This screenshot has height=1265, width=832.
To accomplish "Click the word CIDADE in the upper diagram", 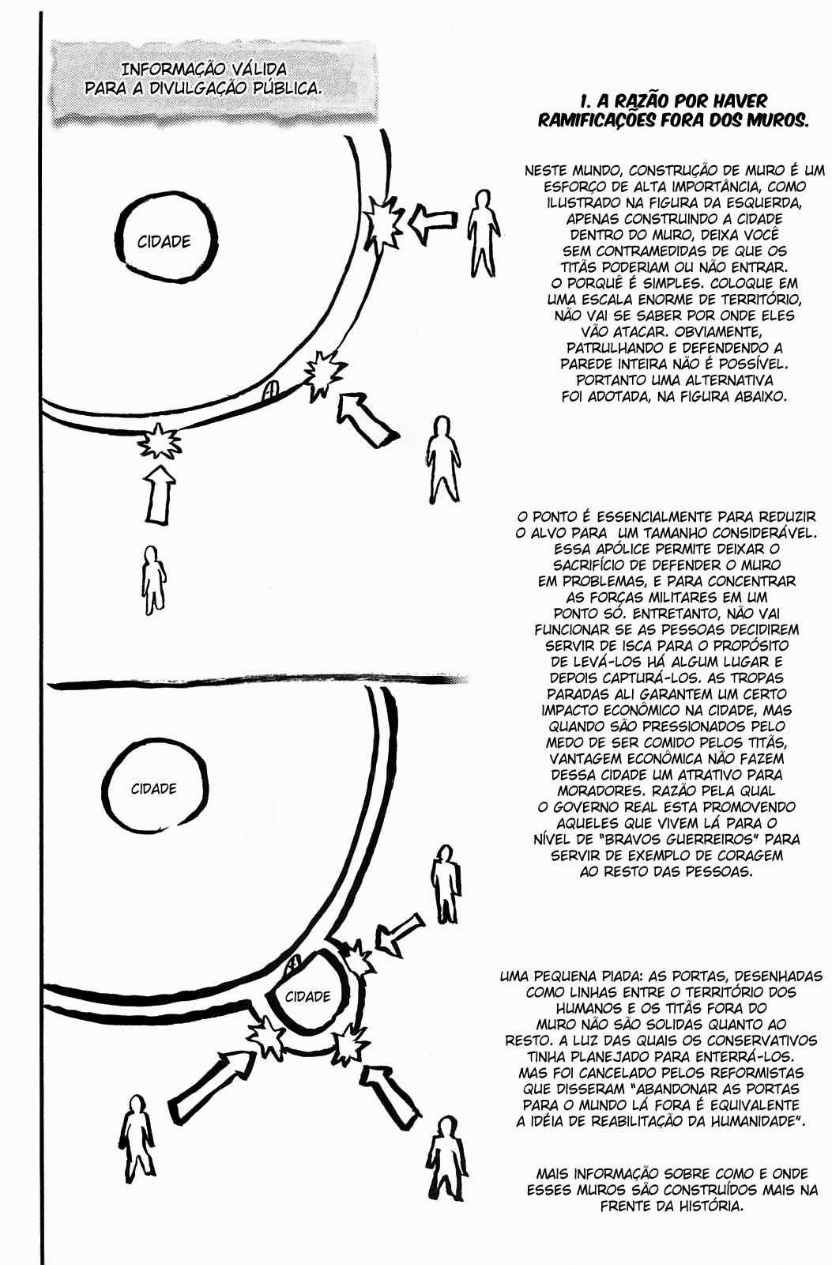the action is pos(164,242).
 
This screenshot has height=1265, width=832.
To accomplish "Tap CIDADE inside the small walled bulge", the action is pos(307,996).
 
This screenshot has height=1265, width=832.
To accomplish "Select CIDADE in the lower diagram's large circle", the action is pos(153,789).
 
